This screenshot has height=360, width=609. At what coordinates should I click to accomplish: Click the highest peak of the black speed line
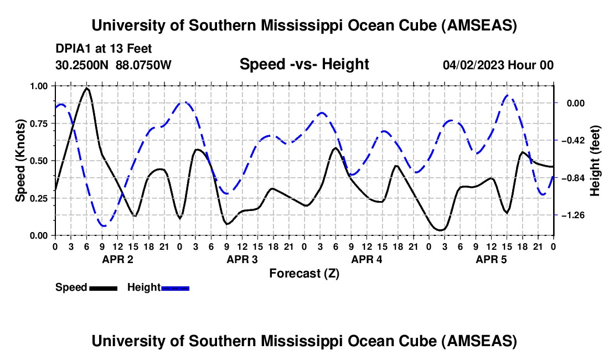pos(86,89)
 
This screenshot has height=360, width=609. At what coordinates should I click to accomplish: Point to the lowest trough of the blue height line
pos(104,225)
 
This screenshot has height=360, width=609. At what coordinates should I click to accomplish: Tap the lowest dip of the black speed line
pos(441,229)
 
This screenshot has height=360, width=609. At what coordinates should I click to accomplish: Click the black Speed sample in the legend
pos(104,288)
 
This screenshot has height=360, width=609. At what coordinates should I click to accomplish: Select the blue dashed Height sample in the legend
pos(175,288)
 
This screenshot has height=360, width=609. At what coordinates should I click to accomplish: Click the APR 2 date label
pos(118,259)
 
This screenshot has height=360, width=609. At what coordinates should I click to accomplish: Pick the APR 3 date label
pos(242,259)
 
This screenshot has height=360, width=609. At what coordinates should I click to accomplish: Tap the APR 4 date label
pos(367,259)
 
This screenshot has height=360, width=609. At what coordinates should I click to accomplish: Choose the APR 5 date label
pos(491,259)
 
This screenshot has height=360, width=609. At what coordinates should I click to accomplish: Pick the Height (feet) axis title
pos(595,161)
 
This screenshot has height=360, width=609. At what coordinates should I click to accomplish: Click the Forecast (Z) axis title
pos(304,274)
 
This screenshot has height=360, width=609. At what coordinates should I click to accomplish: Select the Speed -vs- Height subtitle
pos(304,64)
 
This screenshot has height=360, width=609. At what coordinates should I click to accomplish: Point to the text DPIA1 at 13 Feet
pos(104,49)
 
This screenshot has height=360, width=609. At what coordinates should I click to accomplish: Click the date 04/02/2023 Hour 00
pos(498,65)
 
